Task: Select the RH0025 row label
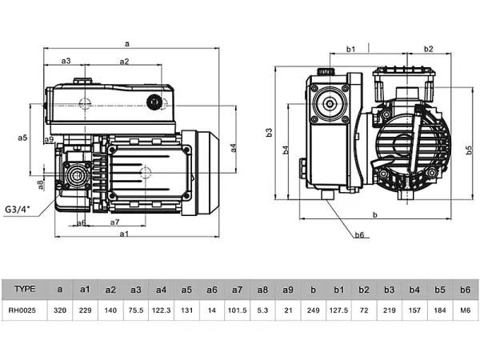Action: pos(26,309)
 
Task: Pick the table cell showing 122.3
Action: pos(161,309)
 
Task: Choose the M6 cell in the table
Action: pos(464,309)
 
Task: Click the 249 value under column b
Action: pos(313,309)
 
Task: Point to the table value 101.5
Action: pos(238,309)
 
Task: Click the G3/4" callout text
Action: pos(17,210)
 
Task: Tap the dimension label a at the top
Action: pos(127,42)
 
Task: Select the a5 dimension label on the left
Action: pos(23,138)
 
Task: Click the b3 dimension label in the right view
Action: pos(270,132)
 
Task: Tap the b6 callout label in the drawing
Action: pos(359,235)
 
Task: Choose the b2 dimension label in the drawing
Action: pos(429,50)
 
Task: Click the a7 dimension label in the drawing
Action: pos(114,222)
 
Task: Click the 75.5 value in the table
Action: pos(135,309)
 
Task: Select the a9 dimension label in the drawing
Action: pos(50,140)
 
